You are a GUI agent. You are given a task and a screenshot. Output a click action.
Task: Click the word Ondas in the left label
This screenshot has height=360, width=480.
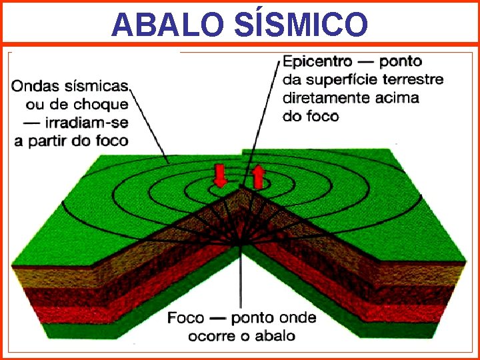tap(36, 85)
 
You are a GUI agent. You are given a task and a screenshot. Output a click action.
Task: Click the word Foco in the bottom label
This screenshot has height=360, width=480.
tap(186, 317)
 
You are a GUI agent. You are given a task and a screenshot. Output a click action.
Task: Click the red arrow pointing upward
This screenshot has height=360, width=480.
tap(258, 177)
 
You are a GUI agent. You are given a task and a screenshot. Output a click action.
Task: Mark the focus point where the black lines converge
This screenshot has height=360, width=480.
tap(239, 244)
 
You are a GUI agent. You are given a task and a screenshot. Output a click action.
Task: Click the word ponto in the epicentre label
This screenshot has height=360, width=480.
tap(401, 62)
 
